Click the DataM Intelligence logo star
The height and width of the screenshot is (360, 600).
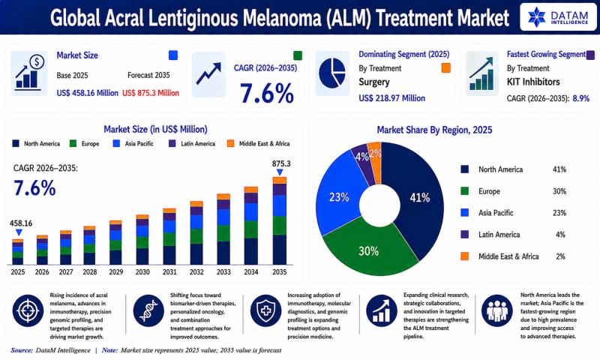tap(536, 16)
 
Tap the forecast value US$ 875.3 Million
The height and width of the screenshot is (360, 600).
tap(151, 93)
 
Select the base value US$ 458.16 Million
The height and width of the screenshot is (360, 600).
tap(87, 93)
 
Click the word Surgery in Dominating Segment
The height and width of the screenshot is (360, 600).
tap(373, 82)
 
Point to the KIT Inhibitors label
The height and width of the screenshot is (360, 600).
tap(533, 82)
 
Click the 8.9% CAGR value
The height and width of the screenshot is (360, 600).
tap(580, 98)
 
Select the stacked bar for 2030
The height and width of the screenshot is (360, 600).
tap(142, 240)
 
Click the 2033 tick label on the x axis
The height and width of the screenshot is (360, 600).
tap(223, 272)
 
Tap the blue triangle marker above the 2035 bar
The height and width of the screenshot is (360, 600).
tap(280, 172)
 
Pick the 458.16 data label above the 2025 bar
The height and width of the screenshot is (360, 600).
tap(21, 223)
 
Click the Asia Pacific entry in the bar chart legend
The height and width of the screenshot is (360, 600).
tap(133, 143)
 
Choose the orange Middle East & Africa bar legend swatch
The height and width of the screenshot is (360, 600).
tap(230, 143)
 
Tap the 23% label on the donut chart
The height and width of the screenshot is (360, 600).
tap(339, 197)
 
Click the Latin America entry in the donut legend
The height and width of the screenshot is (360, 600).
tap(490, 235)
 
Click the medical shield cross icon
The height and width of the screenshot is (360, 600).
tap(265, 310)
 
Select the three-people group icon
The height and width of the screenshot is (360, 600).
tap(497, 310)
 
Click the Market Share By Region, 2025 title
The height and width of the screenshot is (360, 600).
tap(434, 130)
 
